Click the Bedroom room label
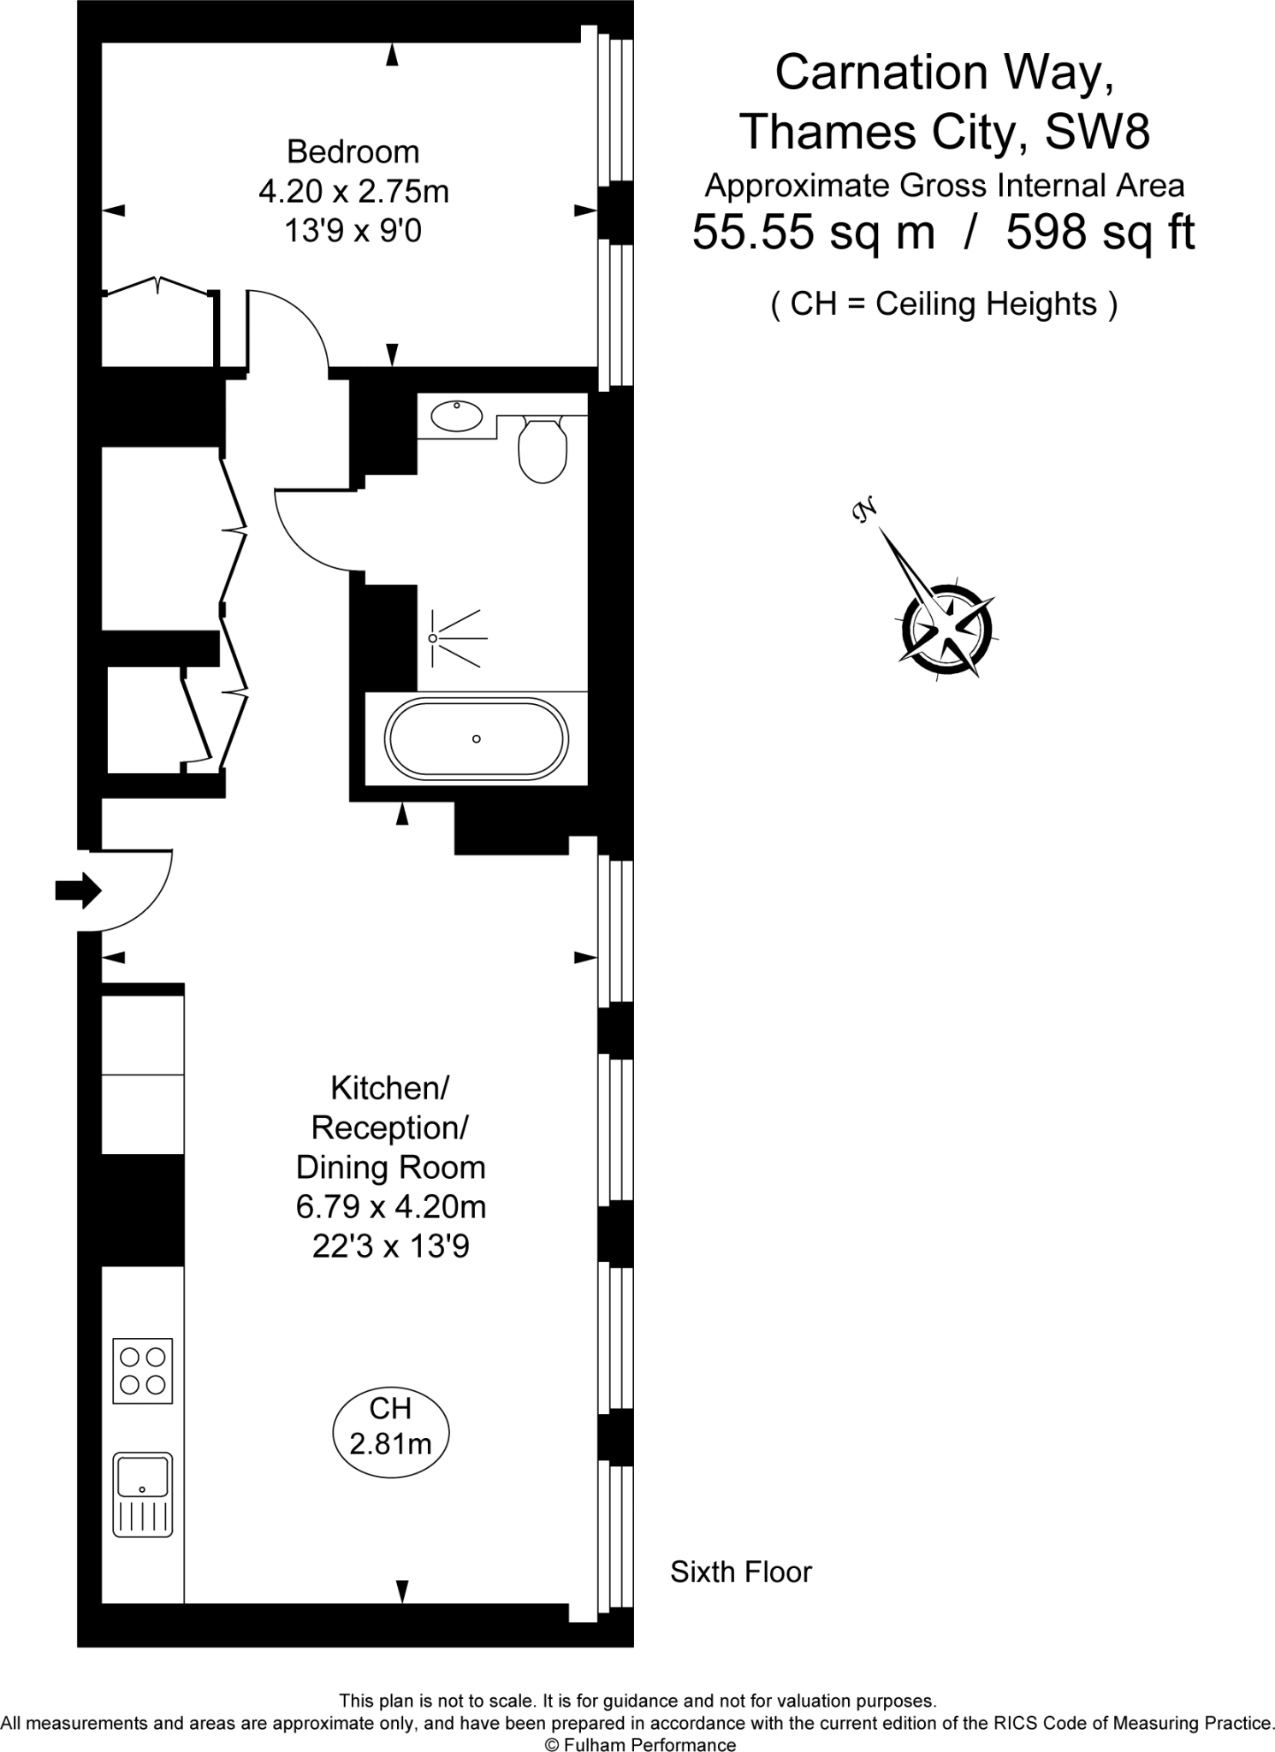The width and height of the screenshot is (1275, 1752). coord(353,152)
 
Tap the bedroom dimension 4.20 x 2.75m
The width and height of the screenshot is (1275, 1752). coord(353,192)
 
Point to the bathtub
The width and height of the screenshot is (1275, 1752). coord(476,739)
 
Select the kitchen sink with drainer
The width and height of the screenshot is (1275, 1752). coord(143,1493)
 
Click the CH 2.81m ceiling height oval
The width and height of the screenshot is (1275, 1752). coord(390,1432)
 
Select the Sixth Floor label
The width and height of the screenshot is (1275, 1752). coord(740,1571)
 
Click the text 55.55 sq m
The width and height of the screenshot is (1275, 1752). coord(813,232)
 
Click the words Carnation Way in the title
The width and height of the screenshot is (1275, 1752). coord(944,73)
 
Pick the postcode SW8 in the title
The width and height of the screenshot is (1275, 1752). coord(1097,132)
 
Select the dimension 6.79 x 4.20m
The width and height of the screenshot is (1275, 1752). coord(391,1207)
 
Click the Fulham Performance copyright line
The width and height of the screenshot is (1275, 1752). coord(641,1739)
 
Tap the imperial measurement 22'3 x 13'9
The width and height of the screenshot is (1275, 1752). coord(391,1246)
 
